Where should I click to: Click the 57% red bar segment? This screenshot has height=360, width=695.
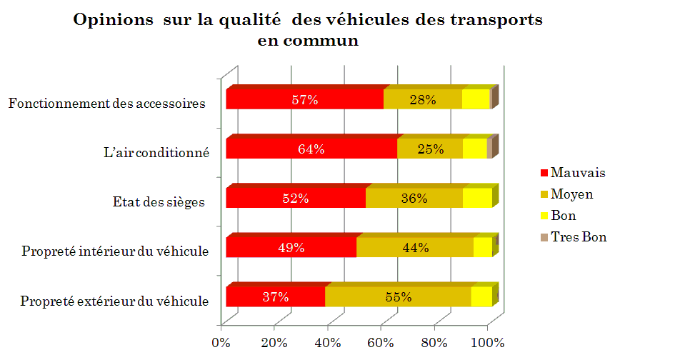pos(304,99)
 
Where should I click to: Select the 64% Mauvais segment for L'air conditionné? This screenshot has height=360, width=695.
pos(311,149)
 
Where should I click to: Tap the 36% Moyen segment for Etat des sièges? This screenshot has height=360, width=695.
pos(414,198)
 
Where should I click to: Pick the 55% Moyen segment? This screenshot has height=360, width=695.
pos(398,296)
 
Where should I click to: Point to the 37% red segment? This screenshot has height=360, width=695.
pos(276,296)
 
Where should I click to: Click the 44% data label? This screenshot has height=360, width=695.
pos(415,247)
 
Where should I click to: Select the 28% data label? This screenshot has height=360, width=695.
pos(422,100)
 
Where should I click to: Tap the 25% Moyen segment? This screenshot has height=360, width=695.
pos(430,149)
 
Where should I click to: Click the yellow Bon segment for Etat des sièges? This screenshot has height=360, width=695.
pos(477,198)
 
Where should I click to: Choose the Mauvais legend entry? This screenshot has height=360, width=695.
pos(573,172)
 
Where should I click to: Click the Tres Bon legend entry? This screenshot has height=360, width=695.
pos(574,237)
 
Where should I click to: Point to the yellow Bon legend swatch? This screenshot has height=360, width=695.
pos(544,216)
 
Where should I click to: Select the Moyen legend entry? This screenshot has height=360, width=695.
pos(567,194)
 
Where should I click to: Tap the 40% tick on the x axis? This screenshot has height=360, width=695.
pos(328,343)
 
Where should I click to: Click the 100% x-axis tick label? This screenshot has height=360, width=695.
pos(488,343)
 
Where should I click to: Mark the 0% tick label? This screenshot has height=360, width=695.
pos(221,343)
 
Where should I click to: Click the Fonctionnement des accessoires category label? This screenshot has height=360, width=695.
pos(107,104)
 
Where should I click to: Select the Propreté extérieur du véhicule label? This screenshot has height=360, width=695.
pos(114,301)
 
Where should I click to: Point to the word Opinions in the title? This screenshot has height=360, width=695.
pos(113,21)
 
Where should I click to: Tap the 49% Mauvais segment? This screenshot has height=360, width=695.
pos(291,247)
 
